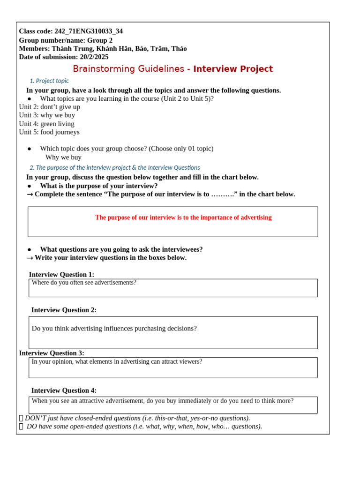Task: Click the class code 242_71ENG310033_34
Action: tap(89, 31)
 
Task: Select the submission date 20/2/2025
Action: tap(94, 57)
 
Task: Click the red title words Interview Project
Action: tap(233, 69)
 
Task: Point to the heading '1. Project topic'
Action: tap(49, 81)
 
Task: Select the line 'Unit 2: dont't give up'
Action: tap(49, 107)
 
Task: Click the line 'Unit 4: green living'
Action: tap(46, 124)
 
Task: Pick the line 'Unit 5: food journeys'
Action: tap(49, 132)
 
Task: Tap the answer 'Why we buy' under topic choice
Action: tap(63, 157)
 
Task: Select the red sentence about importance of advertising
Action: tap(183, 217)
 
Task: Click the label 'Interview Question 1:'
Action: tap(61, 275)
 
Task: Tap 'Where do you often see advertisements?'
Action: tap(84, 283)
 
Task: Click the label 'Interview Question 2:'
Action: tap(64, 310)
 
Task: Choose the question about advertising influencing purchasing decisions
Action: tap(114, 329)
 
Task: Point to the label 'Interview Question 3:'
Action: tap(52, 353)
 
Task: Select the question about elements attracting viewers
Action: tap(117, 362)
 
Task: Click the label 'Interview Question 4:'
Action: tap(64, 390)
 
